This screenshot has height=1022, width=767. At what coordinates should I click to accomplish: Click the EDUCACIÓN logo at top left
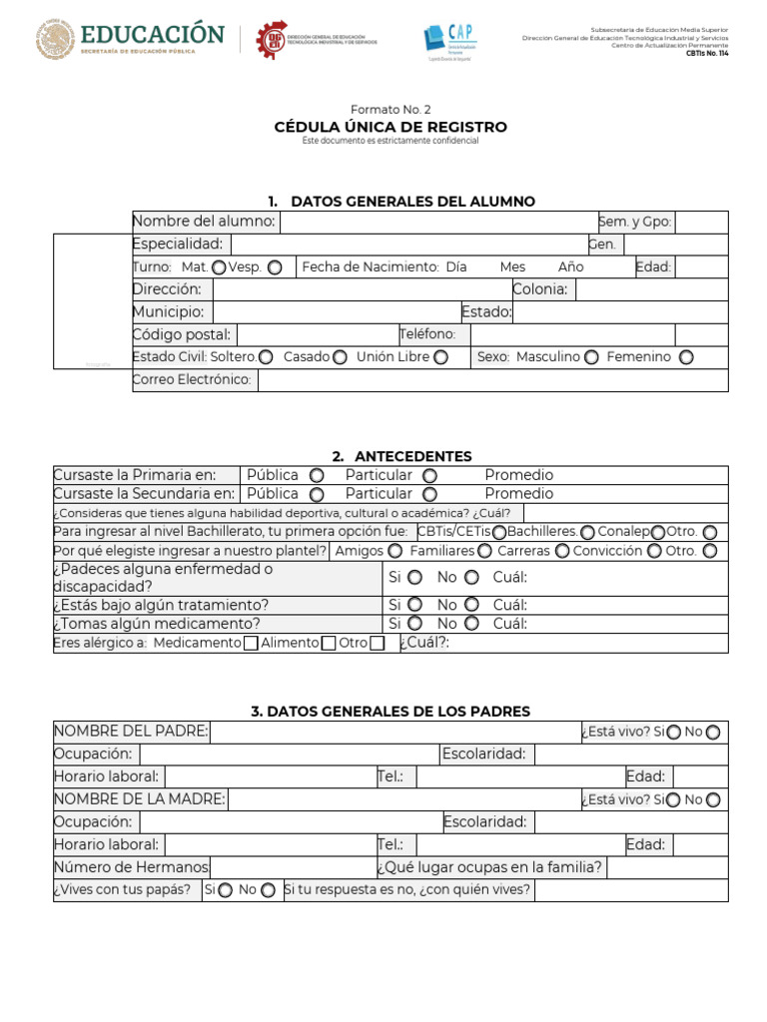130,40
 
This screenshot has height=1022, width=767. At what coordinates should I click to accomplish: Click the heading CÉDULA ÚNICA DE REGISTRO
390,127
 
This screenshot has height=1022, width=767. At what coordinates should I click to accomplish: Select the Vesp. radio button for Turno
275,267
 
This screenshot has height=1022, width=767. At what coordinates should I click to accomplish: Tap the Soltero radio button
266,357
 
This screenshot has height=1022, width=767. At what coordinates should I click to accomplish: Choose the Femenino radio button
686,357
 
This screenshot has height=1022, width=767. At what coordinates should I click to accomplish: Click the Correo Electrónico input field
492,380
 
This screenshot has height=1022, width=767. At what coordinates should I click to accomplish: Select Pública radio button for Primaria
317,476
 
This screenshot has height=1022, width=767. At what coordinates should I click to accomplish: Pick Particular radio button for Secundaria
429,494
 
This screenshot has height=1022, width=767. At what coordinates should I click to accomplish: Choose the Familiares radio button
484,551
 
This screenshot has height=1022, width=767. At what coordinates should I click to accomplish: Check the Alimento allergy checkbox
328,644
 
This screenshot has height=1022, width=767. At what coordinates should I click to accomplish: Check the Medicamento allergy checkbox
251,644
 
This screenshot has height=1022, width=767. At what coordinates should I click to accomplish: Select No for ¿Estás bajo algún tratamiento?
471,605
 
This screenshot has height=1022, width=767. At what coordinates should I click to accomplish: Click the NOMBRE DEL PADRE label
131,732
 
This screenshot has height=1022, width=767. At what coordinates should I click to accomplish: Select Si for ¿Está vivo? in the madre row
674,799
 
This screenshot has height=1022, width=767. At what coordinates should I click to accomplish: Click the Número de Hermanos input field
292,867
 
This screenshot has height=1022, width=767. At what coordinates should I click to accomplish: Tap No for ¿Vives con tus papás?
268,890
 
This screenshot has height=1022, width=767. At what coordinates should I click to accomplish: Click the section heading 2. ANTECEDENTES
390,456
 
